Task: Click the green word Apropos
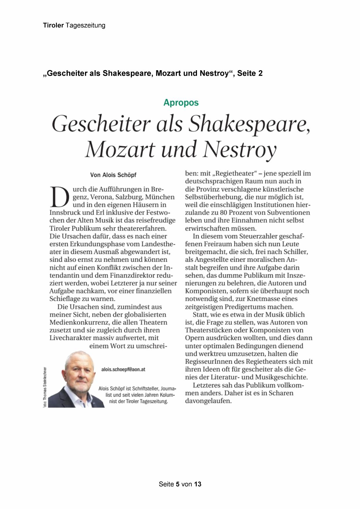point(181,103)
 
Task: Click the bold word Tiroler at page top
point(53,26)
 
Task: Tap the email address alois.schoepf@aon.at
point(123,369)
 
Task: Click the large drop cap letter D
point(59,196)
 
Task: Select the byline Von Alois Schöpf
point(113,175)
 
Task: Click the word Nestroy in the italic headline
point(239,150)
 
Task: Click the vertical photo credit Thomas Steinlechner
point(45,387)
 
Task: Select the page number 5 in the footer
point(178,484)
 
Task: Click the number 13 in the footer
point(198,484)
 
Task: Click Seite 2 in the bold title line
point(249,73)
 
